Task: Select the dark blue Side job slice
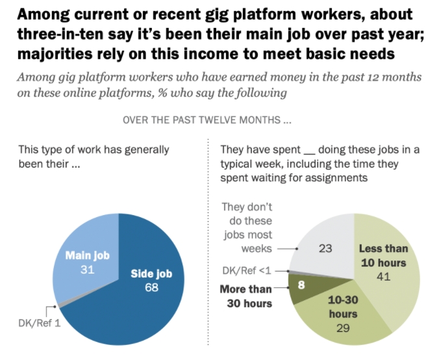130,299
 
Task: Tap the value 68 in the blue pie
151,287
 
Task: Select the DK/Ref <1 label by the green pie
244,270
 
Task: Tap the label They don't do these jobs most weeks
247,227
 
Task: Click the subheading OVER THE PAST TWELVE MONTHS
207,120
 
